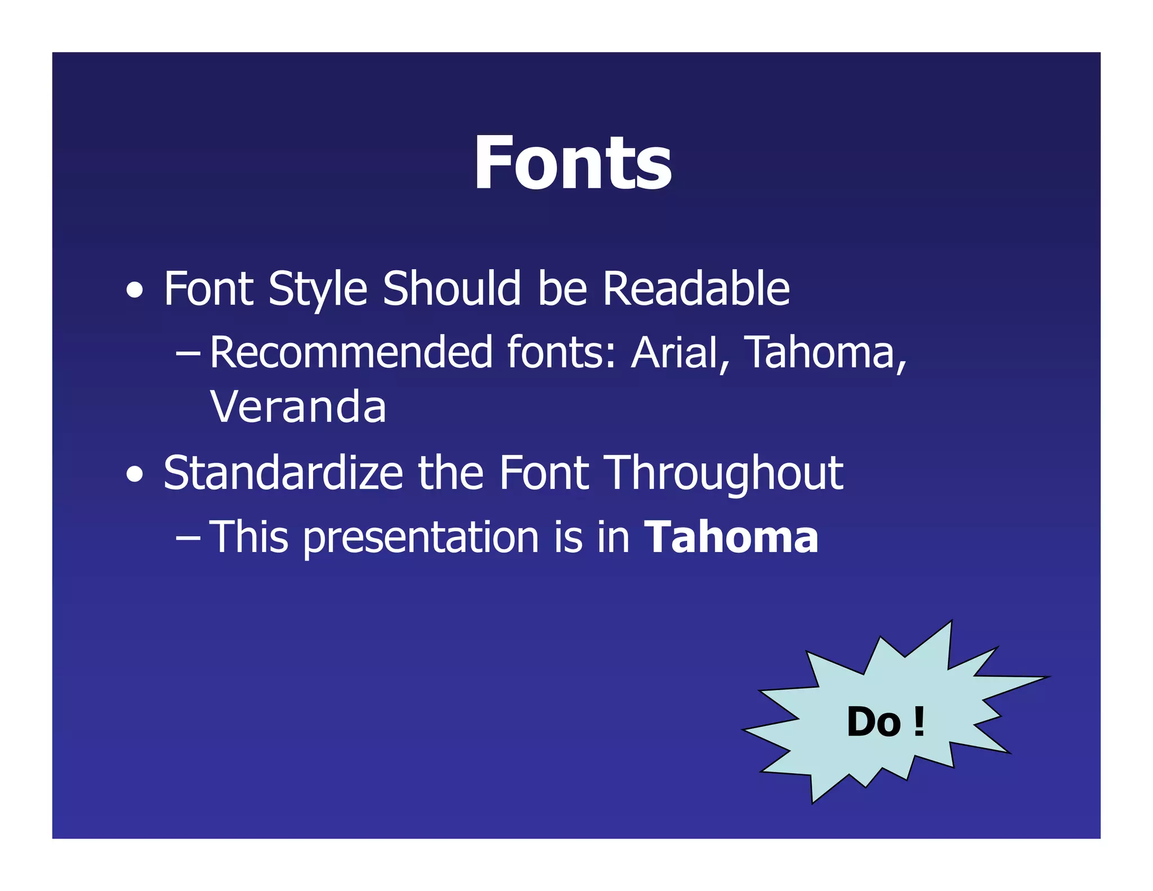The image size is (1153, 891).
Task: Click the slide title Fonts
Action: [573, 163]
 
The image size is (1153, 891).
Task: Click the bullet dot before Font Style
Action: [134, 291]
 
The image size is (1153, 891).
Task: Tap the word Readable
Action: [696, 289]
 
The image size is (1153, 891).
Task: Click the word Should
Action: [452, 289]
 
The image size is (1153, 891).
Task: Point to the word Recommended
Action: [351, 353]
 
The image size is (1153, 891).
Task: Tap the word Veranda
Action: [298, 407]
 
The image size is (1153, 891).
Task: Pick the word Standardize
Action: [283, 473]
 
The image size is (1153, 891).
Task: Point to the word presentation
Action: [421, 538]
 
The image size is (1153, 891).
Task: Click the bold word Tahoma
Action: [731, 537]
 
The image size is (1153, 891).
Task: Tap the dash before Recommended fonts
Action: [187, 354]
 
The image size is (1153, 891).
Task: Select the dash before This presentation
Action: [187, 538]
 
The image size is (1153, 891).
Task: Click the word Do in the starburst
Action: [873, 722]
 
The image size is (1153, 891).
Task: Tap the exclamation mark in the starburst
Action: [919, 722]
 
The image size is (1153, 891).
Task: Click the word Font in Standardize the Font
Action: [544, 473]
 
